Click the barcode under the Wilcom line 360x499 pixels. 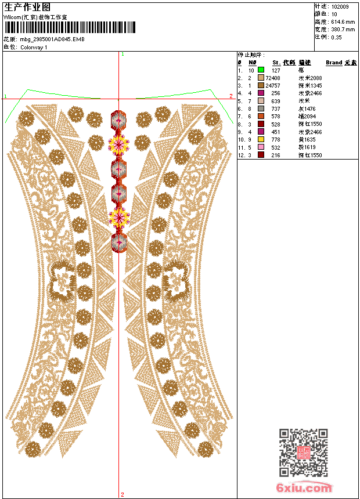[70, 27]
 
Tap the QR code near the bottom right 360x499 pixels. [303, 453]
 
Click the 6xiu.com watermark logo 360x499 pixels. [304, 488]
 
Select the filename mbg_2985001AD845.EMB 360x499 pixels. [52, 39]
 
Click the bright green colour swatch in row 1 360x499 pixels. [261, 70]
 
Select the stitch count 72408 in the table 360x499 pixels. [273, 78]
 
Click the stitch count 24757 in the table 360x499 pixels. [273, 85]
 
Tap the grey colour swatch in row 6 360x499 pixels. [261, 109]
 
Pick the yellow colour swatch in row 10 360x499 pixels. [261, 140]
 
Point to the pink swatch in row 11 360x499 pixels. [261, 147]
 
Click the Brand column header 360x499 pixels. [334, 62]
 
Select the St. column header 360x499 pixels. [276, 62]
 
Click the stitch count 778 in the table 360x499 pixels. [276, 140]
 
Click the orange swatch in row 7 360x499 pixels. [261, 117]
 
